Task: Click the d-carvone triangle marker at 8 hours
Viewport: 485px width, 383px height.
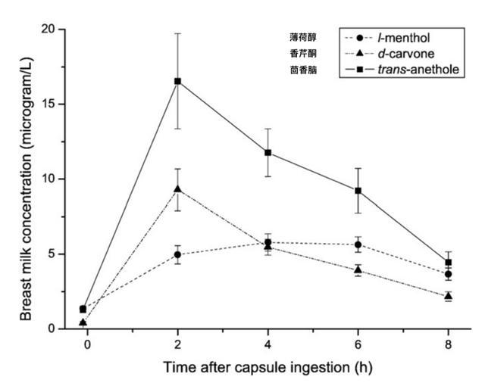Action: point(449,295)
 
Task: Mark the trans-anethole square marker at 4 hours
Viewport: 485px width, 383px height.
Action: point(268,153)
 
